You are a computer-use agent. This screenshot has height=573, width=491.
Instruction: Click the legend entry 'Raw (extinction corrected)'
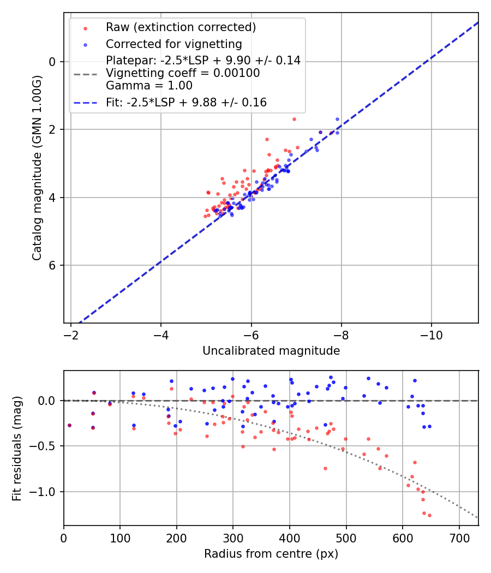point(181,27)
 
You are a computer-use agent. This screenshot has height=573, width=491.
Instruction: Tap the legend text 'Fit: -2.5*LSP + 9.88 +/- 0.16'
point(186,102)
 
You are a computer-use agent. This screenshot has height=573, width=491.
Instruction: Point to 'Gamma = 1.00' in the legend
point(149,86)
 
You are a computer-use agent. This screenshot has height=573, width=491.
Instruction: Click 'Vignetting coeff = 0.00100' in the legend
point(183,73)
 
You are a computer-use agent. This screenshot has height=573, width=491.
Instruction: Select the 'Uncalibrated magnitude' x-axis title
point(271,351)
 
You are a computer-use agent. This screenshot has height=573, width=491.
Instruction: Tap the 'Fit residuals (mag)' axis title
point(16,448)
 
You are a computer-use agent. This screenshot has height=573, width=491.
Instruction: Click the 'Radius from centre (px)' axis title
point(271,554)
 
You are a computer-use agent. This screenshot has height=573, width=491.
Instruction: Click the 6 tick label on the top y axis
point(52,266)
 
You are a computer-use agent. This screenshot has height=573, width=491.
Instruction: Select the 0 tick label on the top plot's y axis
point(52,62)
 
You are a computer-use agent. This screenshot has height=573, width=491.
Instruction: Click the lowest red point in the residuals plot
point(429,515)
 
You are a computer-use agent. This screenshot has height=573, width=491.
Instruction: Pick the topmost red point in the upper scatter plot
point(294,119)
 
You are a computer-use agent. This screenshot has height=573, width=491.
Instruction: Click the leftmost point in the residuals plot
point(69,425)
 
